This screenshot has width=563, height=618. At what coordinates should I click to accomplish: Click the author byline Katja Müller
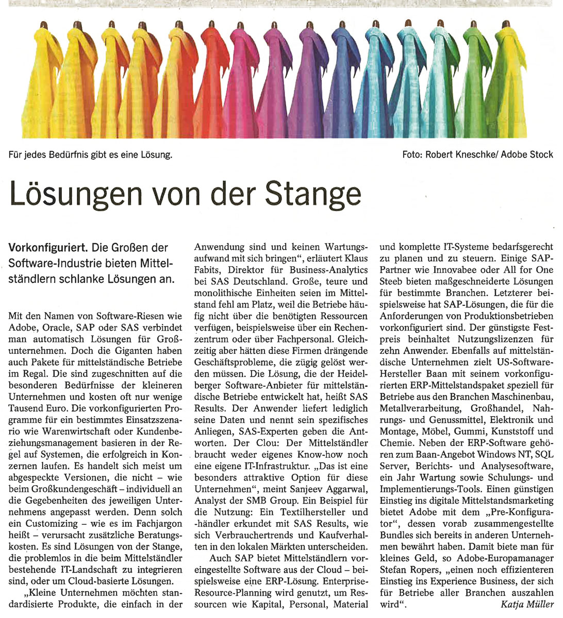(x=527, y=604)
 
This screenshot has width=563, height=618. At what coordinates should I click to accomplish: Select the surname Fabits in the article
(x=209, y=270)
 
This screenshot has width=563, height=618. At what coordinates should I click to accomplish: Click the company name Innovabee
(x=440, y=270)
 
